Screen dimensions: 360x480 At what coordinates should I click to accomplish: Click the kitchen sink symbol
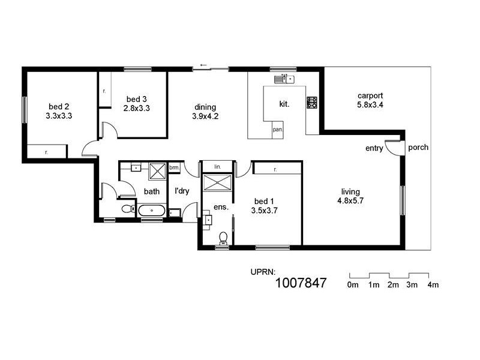pyautogui.click(x=284, y=79)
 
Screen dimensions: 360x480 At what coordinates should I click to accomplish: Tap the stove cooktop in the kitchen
pyautogui.click(x=312, y=103)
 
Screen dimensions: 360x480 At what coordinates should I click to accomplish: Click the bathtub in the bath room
pyautogui.click(x=152, y=211)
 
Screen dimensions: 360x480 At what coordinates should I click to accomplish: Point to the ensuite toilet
pyautogui.click(x=223, y=238)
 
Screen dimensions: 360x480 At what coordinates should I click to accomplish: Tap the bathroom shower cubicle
pyautogui.click(x=157, y=171)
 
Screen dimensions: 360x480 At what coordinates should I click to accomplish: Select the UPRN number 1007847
pyautogui.click(x=301, y=283)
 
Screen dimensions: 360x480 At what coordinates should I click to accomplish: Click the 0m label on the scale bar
pyautogui.click(x=353, y=285)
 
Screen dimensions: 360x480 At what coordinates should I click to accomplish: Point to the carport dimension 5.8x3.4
pyautogui.click(x=370, y=104)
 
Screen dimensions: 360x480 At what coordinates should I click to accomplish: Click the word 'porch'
pyautogui.click(x=418, y=148)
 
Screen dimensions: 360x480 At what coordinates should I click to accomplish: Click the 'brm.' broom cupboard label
pyautogui.click(x=174, y=167)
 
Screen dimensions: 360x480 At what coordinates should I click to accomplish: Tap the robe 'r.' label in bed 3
pyautogui.click(x=104, y=91)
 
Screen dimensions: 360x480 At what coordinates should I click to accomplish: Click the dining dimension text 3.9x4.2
pyautogui.click(x=205, y=116)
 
